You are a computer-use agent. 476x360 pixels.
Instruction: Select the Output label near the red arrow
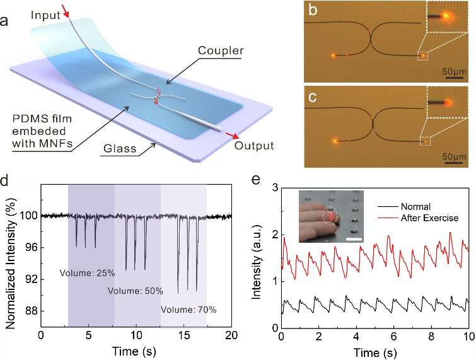click(254, 146)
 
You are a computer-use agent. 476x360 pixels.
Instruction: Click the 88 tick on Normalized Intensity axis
click(29, 311)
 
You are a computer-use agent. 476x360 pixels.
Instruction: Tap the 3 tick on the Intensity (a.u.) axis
click(275, 187)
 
